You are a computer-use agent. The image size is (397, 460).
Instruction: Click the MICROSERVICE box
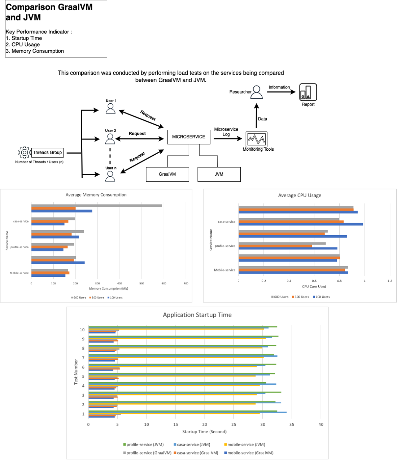coord(188,137)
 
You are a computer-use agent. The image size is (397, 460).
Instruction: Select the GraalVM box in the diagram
coord(167,174)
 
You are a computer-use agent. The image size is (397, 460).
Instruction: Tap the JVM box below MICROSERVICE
coord(219,174)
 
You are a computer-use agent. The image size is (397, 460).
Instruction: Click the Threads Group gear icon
coord(24,152)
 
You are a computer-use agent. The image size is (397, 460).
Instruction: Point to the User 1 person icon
coord(110,109)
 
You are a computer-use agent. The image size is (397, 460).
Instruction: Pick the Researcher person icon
coord(257,92)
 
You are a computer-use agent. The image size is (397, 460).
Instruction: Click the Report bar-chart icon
coord(308,92)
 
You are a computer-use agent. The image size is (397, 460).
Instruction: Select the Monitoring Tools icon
coord(257,139)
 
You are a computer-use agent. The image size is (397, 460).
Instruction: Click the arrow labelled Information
coord(281,92)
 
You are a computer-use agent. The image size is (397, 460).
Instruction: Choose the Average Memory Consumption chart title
coord(96,195)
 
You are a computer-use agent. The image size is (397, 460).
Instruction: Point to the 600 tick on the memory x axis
coord(164,283)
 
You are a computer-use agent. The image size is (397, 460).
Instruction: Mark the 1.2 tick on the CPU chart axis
coord(390,281)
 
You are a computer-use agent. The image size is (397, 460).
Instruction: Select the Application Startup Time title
coord(197,315)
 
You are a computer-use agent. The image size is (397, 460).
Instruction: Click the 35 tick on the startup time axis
coord(292,424)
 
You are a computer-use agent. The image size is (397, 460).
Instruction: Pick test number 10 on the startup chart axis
coord(82,330)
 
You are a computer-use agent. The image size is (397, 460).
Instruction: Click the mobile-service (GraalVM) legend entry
coord(249,453)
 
